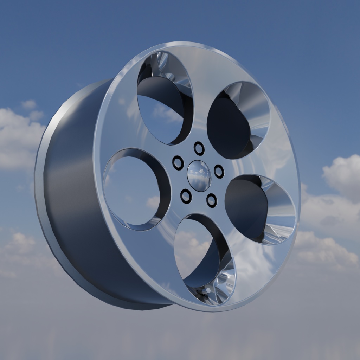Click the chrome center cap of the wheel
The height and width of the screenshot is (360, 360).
(x=199, y=176)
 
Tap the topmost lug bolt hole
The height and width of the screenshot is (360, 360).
(x=199, y=148)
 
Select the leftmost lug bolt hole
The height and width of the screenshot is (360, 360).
(x=178, y=163)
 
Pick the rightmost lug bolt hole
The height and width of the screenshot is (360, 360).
(x=219, y=171)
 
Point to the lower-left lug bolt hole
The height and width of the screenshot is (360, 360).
(x=186, y=196)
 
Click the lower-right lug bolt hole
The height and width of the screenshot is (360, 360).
(x=211, y=200)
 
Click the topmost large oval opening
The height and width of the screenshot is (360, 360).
(x=163, y=102)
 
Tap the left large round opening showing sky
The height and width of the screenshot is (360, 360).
(x=135, y=190)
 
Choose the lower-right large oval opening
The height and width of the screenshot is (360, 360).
(x=258, y=209)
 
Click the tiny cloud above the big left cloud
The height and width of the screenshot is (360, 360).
(x=30, y=104)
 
